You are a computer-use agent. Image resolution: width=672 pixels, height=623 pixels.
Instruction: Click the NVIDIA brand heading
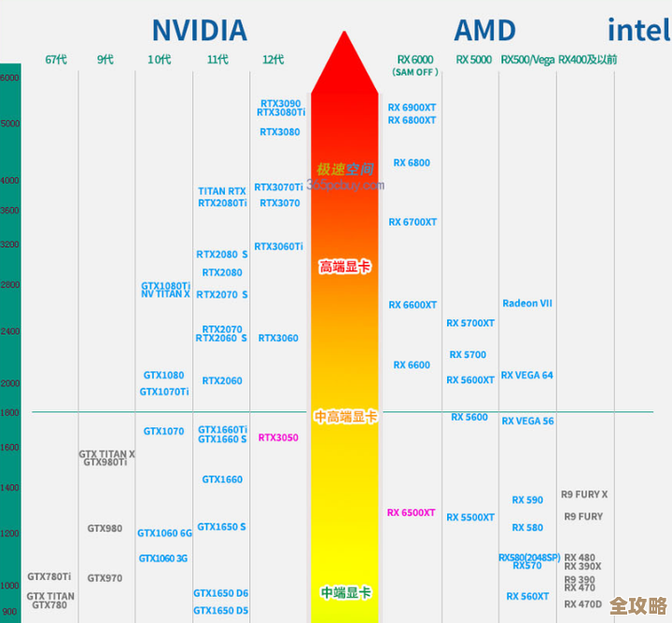pyautogui.click(x=200, y=30)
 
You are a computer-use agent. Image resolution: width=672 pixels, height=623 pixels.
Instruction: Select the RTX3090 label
pyautogui.click(x=280, y=104)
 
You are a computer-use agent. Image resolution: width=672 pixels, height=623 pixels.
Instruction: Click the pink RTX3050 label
pyautogui.click(x=278, y=437)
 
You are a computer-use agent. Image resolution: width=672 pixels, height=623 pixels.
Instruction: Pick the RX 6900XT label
pyautogui.click(x=412, y=107)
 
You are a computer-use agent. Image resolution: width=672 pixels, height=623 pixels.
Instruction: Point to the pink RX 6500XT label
pyautogui.click(x=412, y=513)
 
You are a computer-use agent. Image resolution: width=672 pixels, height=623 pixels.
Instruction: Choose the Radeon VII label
pyautogui.click(x=527, y=303)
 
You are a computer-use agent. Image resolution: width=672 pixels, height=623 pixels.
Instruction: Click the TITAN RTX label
pyautogui.click(x=222, y=191)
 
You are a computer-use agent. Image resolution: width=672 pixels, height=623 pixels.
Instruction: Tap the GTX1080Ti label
pyautogui.click(x=165, y=285)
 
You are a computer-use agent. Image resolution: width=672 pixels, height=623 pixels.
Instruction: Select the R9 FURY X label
pyautogui.click(x=584, y=494)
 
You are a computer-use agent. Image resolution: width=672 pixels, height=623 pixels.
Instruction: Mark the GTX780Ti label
pyautogui.click(x=49, y=576)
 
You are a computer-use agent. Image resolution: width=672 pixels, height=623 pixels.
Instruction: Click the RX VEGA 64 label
pyautogui.click(x=527, y=375)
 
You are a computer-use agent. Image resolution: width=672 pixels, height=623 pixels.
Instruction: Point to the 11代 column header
pyautogui.click(x=217, y=60)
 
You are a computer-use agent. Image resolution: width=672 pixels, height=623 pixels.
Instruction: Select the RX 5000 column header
pyautogui.click(x=474, y=60)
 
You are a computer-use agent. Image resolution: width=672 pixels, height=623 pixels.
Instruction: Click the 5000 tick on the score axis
pyautogui.click(x=9, y=123)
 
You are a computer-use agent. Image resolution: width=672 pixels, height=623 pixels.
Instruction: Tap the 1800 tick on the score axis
pyautogui.click(x=9, y=412)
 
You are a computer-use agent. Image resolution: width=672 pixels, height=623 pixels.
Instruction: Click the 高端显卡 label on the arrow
pyautogui.click(x=344, y=267)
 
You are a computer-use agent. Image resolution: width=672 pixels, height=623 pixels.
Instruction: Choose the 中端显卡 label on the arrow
pyautogui.click(x=345, y=592)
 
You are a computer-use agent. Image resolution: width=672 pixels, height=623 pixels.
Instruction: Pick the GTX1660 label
pyautogui.click(x=222, y=479)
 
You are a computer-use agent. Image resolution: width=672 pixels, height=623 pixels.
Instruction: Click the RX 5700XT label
pyautogui.click(x=470, y=324)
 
